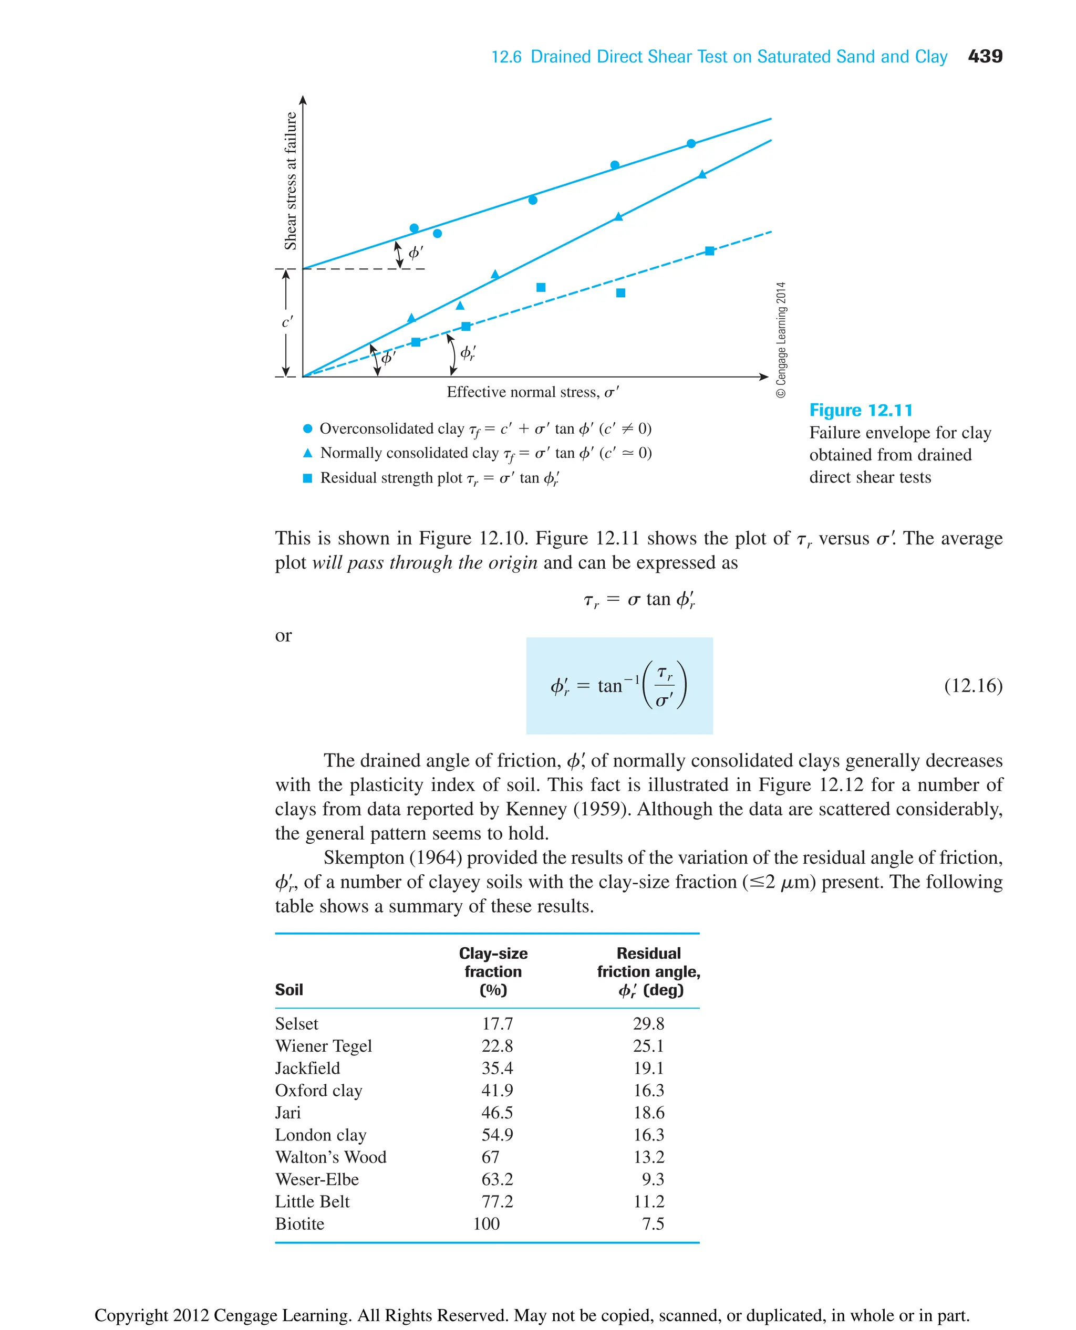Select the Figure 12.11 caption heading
click(x=860, y=410)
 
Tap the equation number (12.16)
click(x=972, y=685)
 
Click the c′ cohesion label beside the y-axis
click(x=287, y=322)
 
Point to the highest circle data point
click(x=691, y=144)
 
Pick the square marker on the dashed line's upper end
click(x=710, y=251)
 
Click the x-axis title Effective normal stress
click(x=532, y=392)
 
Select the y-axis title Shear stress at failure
click(x=290, y=181)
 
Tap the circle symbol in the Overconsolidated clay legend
click(x=307, y=428)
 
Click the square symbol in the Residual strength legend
click(x=307, y=478)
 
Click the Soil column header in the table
click(x=289, y=989)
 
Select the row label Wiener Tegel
click(x=323, y=1046)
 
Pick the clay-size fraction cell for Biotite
click(x=487, y=1224)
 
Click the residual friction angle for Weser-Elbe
click(x=653, y=1179)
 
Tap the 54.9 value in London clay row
click(x=497, y=1135)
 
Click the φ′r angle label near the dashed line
click(x=468, y=353)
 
